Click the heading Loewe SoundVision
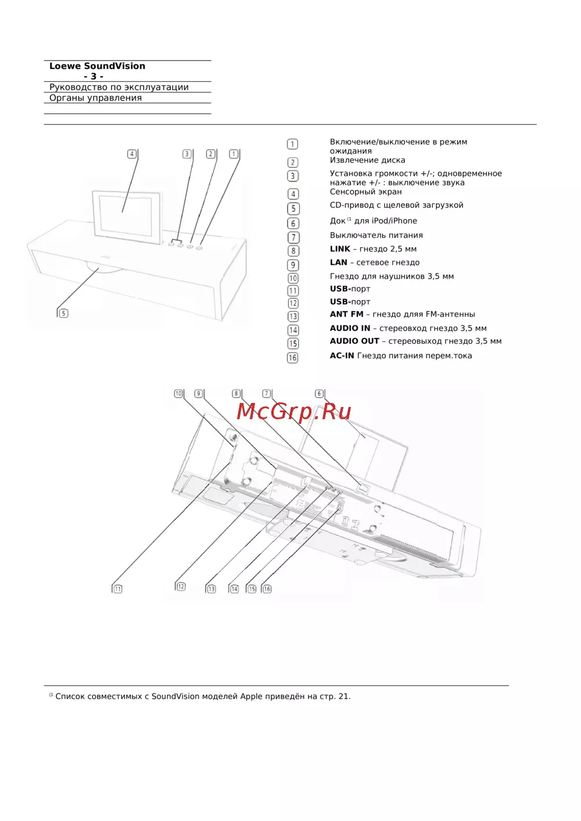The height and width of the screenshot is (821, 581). point(97,66)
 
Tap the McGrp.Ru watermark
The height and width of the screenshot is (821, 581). point(294,412)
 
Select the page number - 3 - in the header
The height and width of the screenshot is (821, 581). point(94,77)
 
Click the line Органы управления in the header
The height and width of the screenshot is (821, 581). point(95,98)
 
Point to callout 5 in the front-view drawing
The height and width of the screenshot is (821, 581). point(63,314)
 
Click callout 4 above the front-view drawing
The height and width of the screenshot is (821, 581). point(132,154)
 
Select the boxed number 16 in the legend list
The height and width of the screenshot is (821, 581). point(293,358)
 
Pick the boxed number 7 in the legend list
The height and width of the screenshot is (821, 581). point(293,237)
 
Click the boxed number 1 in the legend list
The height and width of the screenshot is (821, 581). point(293,144)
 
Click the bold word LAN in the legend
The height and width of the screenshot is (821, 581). point(339,262)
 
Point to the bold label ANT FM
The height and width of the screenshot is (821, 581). point(346,314)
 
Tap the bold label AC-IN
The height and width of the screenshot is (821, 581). point(342,356)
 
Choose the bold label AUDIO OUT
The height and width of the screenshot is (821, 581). point(354,341)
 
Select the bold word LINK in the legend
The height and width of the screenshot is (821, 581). point(340,249)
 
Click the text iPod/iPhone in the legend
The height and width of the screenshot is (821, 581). point(394,221)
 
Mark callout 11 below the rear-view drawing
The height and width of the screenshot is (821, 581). point(117,589)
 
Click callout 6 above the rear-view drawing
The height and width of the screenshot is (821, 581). point(319,394)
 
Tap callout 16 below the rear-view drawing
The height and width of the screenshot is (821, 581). point(267,589)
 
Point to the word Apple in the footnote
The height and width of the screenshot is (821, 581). point(251,696)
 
